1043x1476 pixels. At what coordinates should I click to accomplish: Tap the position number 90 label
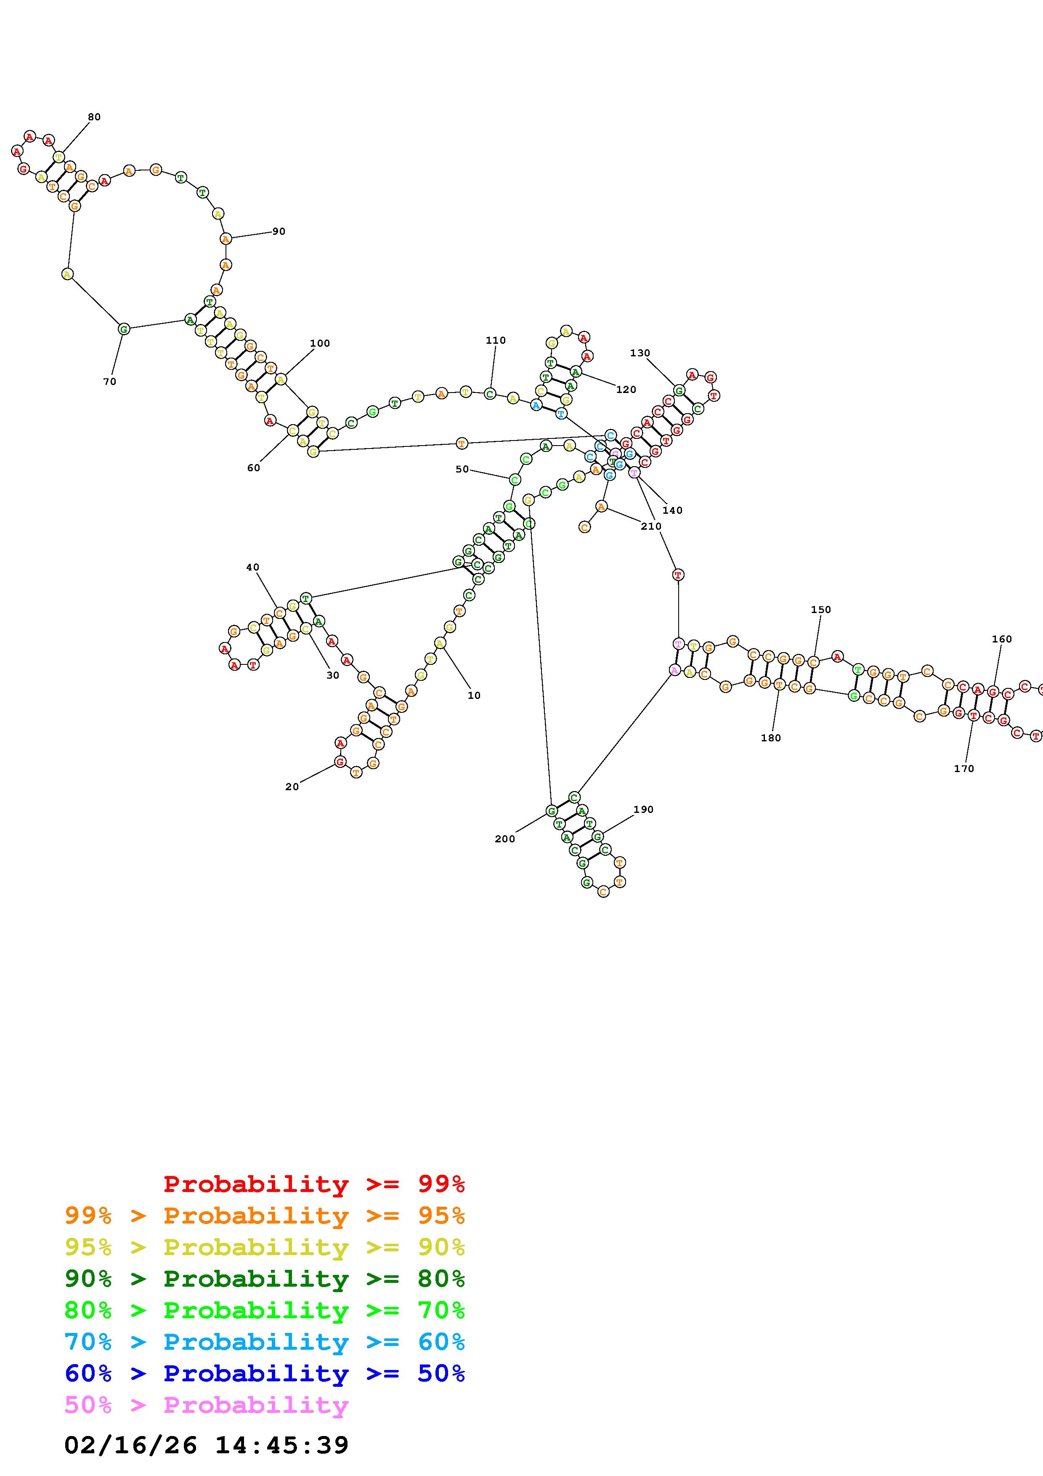click(278, 231)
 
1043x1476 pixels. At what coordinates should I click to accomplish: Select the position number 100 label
click(319, 343)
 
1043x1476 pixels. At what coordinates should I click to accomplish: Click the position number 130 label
click(640, 353)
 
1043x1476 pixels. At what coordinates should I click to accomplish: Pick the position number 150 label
click(821, 609)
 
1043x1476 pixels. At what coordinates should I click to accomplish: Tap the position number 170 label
click(963, 768)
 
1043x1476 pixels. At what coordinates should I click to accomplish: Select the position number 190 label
click(643, 810)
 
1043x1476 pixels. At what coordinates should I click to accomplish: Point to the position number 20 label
click(292, 787)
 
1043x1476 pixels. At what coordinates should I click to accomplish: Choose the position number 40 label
click(252, 567)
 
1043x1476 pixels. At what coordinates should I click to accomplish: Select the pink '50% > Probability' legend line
click(206, 1405)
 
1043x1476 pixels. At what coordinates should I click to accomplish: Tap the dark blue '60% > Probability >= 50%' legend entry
click(265, 1373)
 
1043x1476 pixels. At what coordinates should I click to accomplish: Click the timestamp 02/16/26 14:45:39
click(206, 1445)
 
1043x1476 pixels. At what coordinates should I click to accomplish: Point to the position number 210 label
click(650, 526)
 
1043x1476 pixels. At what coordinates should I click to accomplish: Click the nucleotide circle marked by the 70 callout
click(124, 329)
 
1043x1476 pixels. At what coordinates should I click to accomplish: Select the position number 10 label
click(474, 696)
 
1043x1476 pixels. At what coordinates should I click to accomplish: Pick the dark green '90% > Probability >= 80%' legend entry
click(265, 1279)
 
